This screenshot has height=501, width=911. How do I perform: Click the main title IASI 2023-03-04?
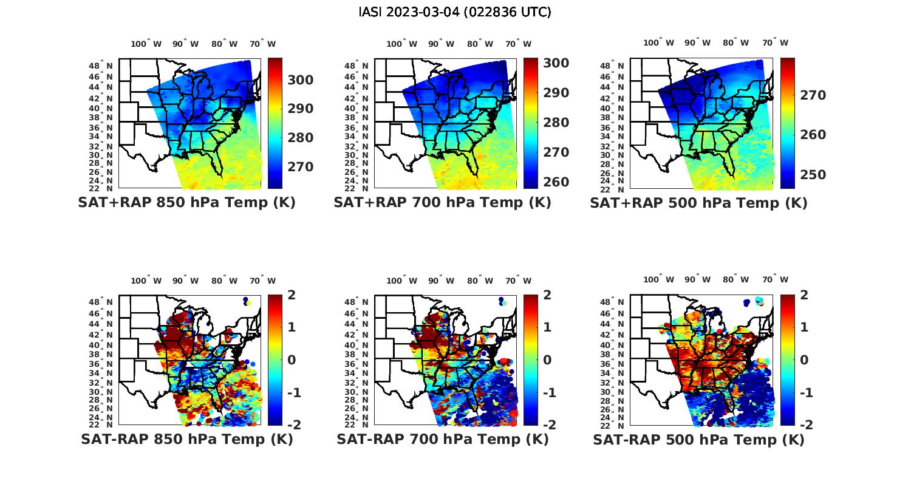[x=455, y=12]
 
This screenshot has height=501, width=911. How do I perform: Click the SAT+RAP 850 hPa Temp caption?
[x=186, y=203]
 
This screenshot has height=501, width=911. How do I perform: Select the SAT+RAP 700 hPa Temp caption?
[x=442, y=203]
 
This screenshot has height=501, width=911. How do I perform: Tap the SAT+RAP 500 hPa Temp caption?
[x=698, y=203]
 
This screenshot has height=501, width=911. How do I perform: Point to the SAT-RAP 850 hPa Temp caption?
[x=186, y=439]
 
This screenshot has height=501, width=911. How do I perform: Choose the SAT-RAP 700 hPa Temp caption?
[x=442, y=439]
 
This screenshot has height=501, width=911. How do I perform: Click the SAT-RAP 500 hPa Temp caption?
[x=698, y=440]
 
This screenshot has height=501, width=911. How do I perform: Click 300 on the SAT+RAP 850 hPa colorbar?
[x=301, y=80]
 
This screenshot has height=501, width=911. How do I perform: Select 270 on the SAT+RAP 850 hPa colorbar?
[x=301, y=167]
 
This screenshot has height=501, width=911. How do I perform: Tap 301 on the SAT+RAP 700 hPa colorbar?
[x=556, y=63]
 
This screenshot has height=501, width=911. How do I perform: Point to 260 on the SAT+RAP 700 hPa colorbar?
[x=556, y=182]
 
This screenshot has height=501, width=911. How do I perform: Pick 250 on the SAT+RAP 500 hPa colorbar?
[x=813, y=175]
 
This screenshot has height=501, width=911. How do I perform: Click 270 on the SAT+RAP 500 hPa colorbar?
[x=813, y=95]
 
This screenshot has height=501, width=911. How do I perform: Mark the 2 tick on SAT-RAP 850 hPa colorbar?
[x=291, y=296]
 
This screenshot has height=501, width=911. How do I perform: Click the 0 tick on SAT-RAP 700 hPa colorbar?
[x=547, y=360]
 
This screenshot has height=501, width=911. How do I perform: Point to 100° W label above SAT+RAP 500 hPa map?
[x=658, y=43]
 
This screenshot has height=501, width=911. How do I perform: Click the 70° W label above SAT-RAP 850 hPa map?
[x=262, y=281]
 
